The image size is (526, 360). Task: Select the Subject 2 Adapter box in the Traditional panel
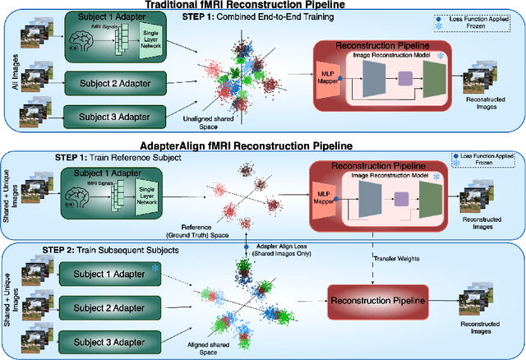(99, 81)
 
